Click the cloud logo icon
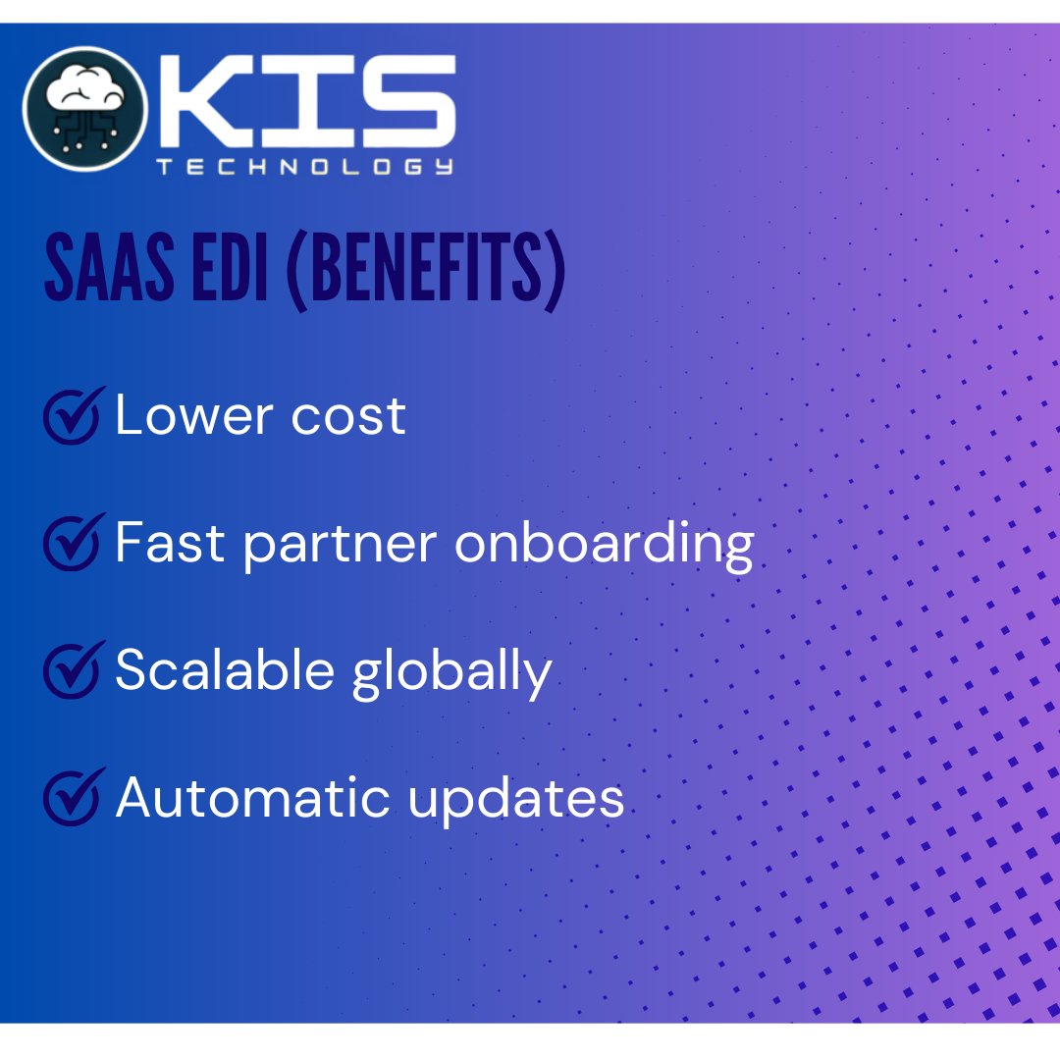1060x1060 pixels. tap(85, 108)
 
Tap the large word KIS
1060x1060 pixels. tap(307, 100)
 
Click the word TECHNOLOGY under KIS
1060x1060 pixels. tap(305, 167)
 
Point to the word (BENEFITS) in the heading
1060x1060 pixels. tap(425, 266)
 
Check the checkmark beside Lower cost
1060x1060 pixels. tap(73, 415)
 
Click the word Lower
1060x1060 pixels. tap(181, 415)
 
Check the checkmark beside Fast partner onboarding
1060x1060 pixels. tap(73, 542)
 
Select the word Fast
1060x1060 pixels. tap(169, 542)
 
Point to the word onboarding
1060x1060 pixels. tap(603, 544)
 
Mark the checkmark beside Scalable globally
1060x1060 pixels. tap(73, 669)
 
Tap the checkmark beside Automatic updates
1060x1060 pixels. tap(73, 797)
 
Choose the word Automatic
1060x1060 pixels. tap(253, 797)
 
